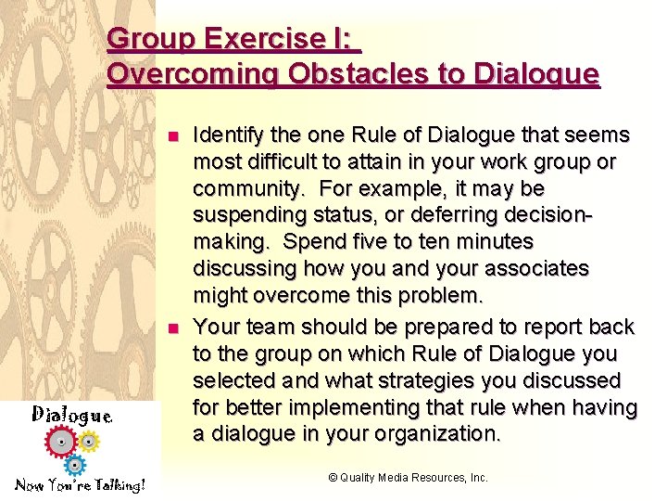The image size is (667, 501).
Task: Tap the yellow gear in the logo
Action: tap(88, 440)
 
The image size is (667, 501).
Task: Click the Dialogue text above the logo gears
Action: tap(71, 414)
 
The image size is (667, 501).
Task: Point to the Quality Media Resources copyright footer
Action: tap(408, 478)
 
